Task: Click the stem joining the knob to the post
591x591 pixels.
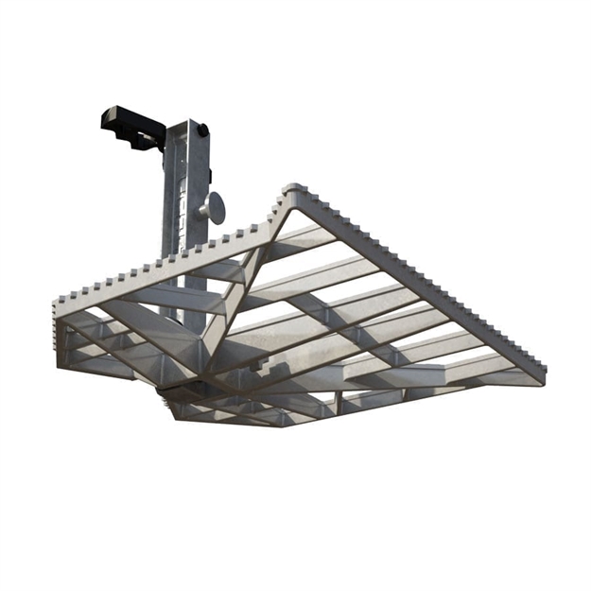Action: point(205,209)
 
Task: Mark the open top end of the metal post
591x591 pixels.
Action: point(189,123)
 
